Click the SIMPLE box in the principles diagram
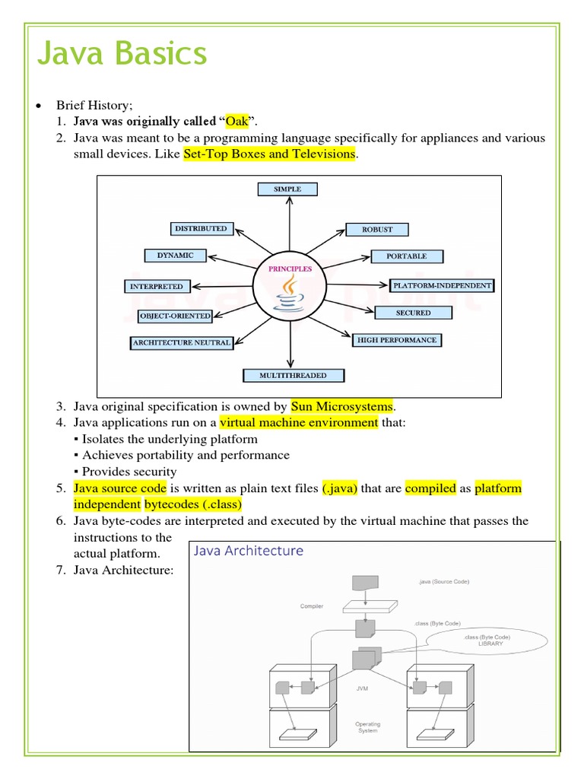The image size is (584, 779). pyautogui.click(x=287, y=189)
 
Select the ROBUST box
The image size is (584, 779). pyautogui.click(x=377, y=229)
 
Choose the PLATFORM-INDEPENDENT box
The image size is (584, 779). pyautogui.click(x=442, y=286)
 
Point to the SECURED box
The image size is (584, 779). pyautogui.click(x=413, y=313)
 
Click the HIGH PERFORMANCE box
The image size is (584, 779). pyautogui.click(x=396, y=340)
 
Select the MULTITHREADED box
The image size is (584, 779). pyautogui.click(x=293, y=375)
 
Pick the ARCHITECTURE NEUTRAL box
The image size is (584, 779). pyautogui.click(x=181, y=342)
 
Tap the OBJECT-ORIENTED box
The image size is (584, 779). pyautogui.click(x=175, y=316)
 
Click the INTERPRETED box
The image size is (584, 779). pyautogui.click(x=156, y=286)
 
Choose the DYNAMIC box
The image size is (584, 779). pyautogui.click(x=175, y=256)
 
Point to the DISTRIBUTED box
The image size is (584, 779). pyautogui.click(x=201, y=228)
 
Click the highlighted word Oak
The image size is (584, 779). pyautogui.click(x=238, y=122)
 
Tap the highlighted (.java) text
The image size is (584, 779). pyautogui.click(x=339, y=488)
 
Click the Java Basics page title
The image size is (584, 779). pyautogui.click(x=122, y=54)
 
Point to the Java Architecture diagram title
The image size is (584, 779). pyautogui.click(x=249, y=551)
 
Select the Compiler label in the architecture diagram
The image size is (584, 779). pyautogui.click(x=311, y=606)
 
